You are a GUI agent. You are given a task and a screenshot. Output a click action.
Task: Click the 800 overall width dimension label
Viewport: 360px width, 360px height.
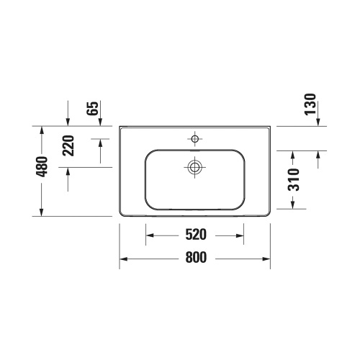194,258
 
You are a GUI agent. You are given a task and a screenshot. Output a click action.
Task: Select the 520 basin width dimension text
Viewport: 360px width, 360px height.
195,235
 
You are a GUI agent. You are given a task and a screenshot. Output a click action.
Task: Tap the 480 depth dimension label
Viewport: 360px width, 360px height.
42,166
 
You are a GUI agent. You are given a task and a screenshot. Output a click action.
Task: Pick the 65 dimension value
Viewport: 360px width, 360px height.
92,109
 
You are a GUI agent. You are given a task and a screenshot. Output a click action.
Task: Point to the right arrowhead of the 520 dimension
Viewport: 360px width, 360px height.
240,235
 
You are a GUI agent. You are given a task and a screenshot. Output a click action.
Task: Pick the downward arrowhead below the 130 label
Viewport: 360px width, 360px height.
318,122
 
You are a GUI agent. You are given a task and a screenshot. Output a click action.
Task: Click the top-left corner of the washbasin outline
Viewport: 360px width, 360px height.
120,127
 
